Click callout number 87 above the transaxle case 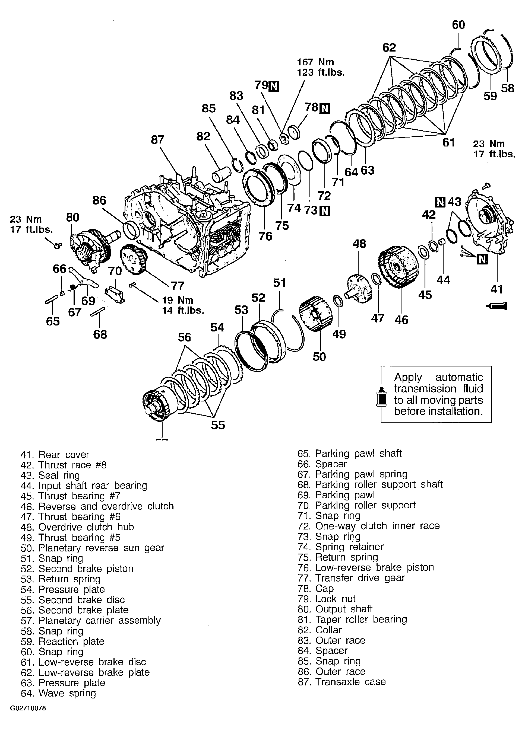pyautogui.click(x=157, y=140)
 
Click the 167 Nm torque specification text pyautogui.click(x=316, y=62)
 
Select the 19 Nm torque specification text pyautogui.click(x=177, y=300)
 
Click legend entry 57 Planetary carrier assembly pyautogui.click(x=91, y=620)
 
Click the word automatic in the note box pyautogui.click(x=459, y=377)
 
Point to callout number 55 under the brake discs pyautogui.click(x=218, y=425)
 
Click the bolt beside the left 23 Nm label pyautogui.click(x=58, y=246)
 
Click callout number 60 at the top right pyautogui.click(x=458, y=25)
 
